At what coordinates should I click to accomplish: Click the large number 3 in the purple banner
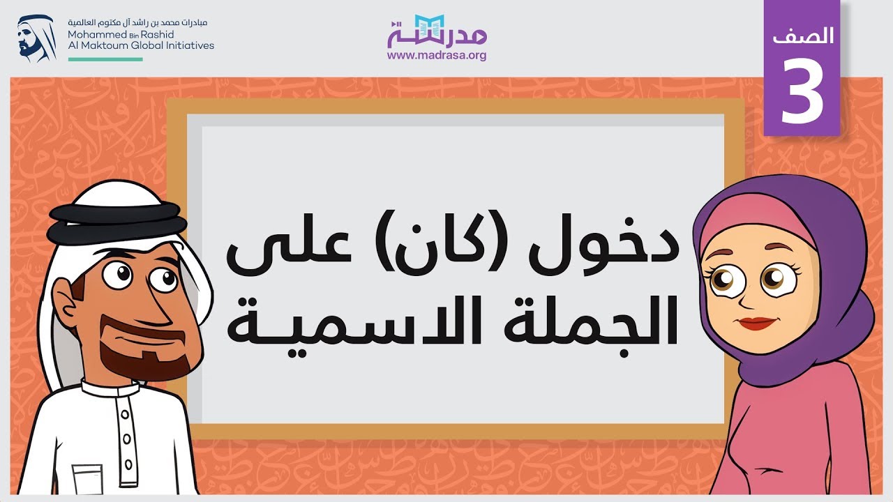coord(802,91)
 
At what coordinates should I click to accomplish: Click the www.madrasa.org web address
coord(437,56)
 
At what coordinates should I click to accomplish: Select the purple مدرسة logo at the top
coord(437,31)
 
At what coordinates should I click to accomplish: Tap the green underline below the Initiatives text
coord(105,59)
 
